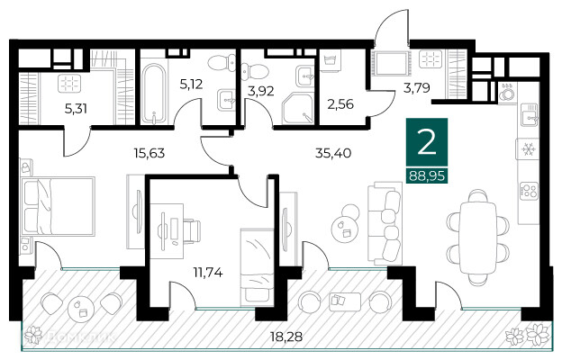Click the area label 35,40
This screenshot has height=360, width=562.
click(x=333, y=153)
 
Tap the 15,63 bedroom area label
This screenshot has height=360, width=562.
click(x=150, y=153)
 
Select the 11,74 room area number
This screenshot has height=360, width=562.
click(x=208, y=273)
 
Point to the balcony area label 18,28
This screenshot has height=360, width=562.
click(x=286, y=337)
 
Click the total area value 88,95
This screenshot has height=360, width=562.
click(x=427, y=175)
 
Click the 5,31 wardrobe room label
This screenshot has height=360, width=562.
click(x=76, y=108)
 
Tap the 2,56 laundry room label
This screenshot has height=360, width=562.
click(x=340, y=104)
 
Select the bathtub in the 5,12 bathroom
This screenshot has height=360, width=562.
click(x=154, y=94)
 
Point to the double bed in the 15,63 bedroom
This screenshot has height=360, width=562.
click(x=58, y=206)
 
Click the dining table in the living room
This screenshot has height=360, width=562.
click(x=478, y=238)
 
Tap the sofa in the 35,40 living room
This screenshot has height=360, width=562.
click(x=385, y=223)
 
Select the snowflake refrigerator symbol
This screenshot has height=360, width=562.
click(x=528, y=149)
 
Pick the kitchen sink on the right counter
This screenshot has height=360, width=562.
click(x=530, y=114)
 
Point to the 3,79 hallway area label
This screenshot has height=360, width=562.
click(x=416, y=88)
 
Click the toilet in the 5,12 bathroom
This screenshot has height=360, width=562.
click(x=222, y=63)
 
